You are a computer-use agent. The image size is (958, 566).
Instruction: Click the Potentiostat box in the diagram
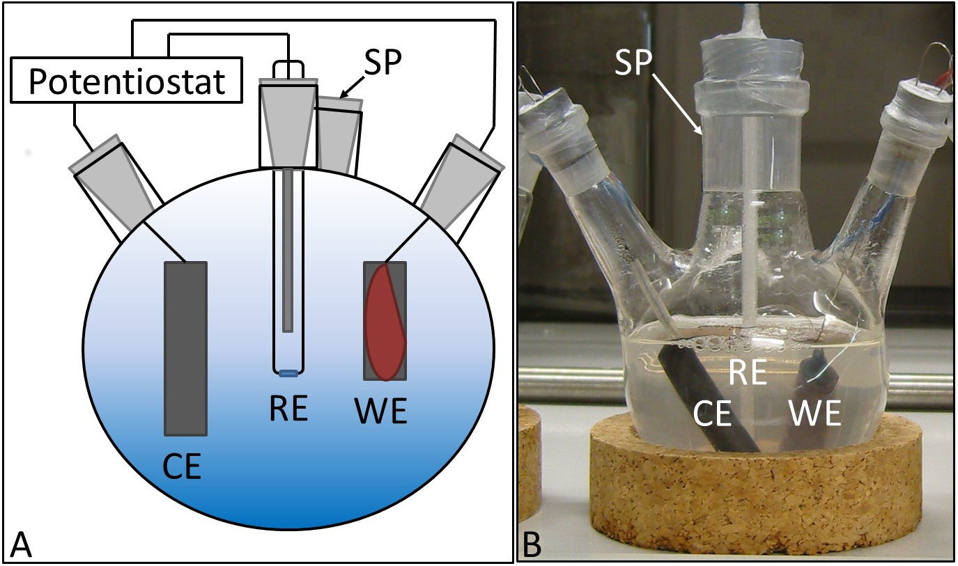[126, 82]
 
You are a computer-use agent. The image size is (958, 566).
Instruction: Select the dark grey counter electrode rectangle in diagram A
[185, 347]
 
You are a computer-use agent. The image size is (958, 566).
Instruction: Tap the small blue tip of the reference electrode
[288, 374]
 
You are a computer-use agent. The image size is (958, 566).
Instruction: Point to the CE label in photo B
[712, 415]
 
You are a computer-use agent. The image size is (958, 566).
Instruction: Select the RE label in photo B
[747, 373]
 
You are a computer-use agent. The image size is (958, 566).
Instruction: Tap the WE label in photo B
[816, 415]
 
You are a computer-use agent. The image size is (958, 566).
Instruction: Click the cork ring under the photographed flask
[739, 494]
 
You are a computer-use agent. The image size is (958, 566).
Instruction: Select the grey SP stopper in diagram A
[339, 136]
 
